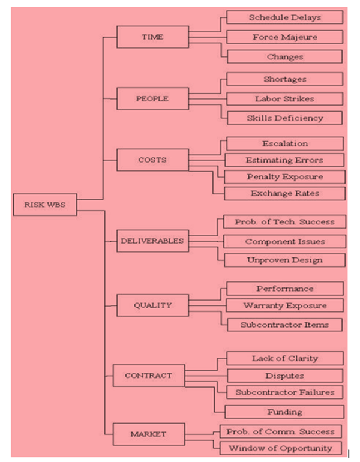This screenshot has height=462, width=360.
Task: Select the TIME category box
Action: (x=152, y=37)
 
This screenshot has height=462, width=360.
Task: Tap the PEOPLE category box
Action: (x=152, y=98)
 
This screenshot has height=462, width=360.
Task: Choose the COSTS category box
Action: (x=152, y=160)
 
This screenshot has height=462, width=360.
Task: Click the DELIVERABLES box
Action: (x=152, y=241)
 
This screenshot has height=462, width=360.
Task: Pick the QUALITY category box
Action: (x=152, y=305)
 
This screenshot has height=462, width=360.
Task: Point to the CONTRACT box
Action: (x=148, y=376)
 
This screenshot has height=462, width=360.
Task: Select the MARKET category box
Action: (x=148, y=433)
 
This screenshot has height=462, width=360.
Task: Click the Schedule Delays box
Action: (x=285, y=18)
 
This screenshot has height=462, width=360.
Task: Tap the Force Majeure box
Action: (x=285, y=37)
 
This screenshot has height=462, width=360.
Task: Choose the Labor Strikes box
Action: (x=284, y=98)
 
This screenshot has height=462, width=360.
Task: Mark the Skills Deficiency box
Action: (x=284, y=118)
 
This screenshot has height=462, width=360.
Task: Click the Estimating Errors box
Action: (x=284, y=160)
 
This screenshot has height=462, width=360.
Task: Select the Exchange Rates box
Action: (x=285, y=193)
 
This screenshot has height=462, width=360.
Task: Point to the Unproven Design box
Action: (x=285, y=260)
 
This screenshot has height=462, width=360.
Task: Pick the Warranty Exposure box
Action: (x=285, y=305)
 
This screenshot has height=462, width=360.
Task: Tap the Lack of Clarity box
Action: (x=285, y=358)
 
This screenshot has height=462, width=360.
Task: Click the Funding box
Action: (x=285, y=412)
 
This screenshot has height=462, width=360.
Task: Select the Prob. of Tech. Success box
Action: (x=284, y=222)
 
